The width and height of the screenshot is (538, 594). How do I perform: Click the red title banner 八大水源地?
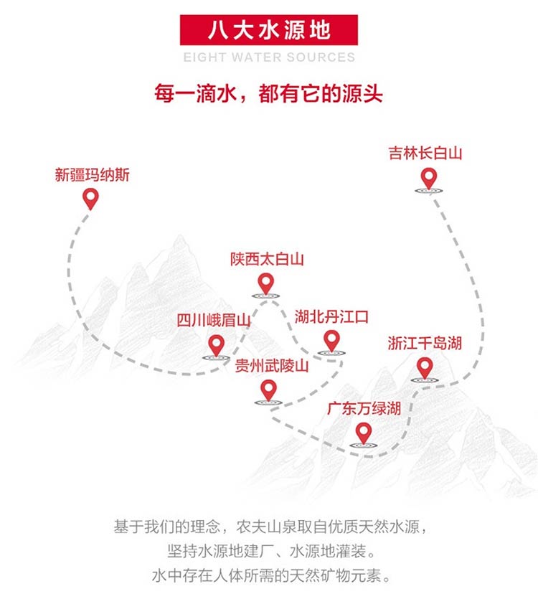(x=268, y=30)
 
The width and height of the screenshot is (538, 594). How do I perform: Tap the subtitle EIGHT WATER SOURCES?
(x=269, y=57)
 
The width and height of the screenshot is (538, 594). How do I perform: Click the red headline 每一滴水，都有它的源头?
(x=268, y=93)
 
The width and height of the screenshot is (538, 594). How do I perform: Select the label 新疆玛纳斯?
(x=92, y=175)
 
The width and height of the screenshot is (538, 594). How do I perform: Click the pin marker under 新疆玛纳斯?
(x=91, y=199)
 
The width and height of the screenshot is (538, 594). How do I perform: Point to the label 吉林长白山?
(x=425, y=154)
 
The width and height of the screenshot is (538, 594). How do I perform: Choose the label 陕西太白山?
(x=267, y=260)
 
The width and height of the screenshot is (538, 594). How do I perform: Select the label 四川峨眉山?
(x=214, y=321)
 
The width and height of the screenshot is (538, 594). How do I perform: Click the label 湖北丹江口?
(x=331, y=316)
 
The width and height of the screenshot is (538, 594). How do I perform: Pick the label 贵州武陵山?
(x=272, y=366)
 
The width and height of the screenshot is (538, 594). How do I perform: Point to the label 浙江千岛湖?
(x=425, y=344)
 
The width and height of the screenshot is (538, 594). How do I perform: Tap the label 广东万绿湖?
(x=364, y=409)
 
